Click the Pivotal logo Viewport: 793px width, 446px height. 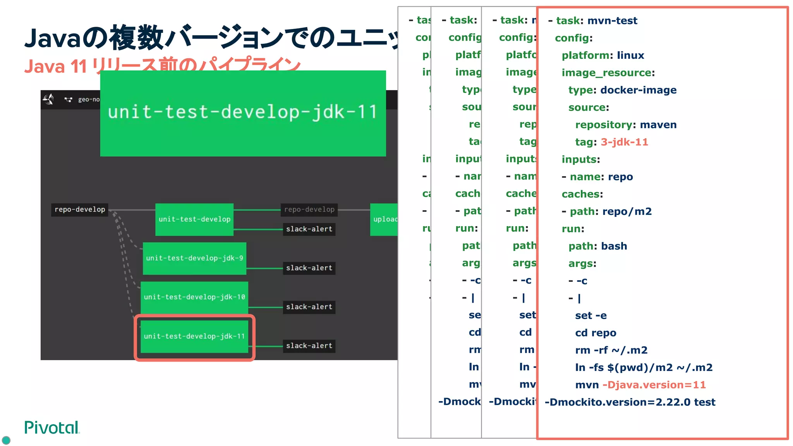point(51,427)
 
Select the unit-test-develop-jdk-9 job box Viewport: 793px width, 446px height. point(194,258)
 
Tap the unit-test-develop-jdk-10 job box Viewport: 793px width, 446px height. point(194,297)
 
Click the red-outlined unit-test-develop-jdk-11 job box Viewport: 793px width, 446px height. point(194,336)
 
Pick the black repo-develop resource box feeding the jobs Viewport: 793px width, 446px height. point(80,209)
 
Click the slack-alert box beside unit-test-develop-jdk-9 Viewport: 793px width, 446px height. point(309,268)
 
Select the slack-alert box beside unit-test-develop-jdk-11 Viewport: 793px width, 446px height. point(309,346)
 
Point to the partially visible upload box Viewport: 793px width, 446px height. point(384,219)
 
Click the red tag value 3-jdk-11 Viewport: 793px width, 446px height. point(624,142)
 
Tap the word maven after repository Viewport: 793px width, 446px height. point(658,125)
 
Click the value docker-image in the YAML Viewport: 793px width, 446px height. point(639,90)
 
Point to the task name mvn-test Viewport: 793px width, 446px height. point(612,21)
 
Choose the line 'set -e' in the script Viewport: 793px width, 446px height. point(591,316)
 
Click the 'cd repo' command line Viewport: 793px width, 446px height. point(596,333)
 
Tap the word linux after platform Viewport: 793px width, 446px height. point(630,55)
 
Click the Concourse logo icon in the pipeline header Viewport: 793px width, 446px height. point(48,99)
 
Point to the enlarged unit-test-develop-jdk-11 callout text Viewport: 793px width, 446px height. point(243,112)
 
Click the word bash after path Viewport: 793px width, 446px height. point(614,246)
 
